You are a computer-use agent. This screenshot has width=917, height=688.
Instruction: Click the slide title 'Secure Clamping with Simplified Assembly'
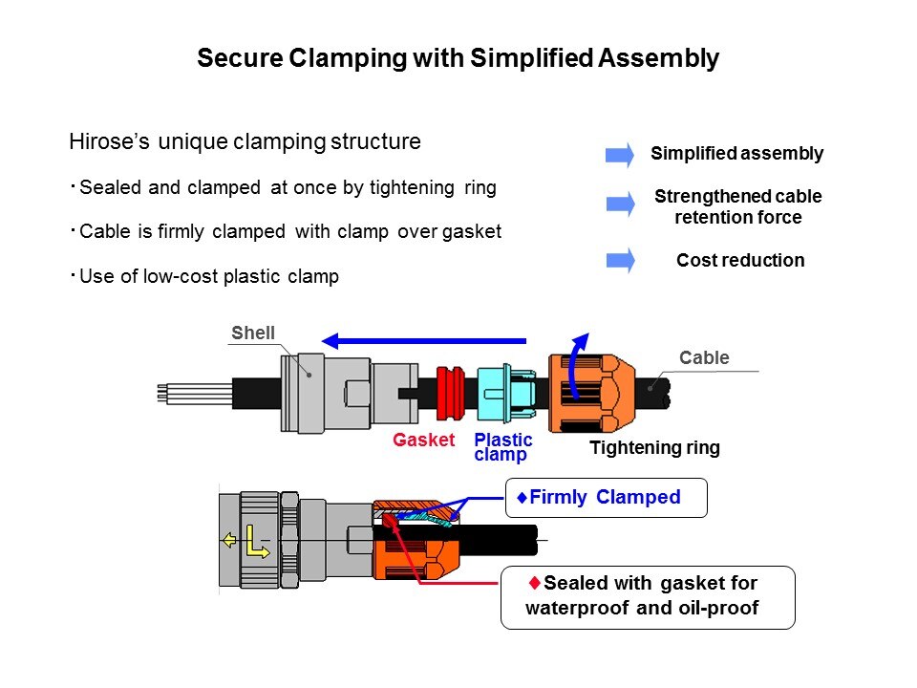point(458,58)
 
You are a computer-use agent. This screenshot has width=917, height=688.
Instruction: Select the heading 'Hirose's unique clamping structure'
point(245,142)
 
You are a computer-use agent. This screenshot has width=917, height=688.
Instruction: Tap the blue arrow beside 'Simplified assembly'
point(620,154)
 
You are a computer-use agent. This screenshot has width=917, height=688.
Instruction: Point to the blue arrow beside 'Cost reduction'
point(620,260)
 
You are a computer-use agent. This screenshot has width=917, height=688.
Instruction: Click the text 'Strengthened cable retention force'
point(737,206)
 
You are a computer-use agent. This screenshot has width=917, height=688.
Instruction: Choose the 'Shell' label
point(253,333)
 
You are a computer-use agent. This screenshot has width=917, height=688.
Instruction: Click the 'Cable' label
point(704,358)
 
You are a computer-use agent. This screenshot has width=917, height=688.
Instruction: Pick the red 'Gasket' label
point(423,441)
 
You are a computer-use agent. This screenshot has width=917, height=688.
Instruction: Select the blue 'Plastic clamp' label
point(502,446)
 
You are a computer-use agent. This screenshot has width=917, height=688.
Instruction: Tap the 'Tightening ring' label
point(654,447)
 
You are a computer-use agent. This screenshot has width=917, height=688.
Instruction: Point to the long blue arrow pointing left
point(424,339)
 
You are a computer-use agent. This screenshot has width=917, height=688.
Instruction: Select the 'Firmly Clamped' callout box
point(606,497)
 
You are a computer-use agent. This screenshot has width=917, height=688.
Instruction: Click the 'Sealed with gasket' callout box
point(648,596)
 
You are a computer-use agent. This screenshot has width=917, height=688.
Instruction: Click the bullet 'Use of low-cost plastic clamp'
point(209,277)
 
